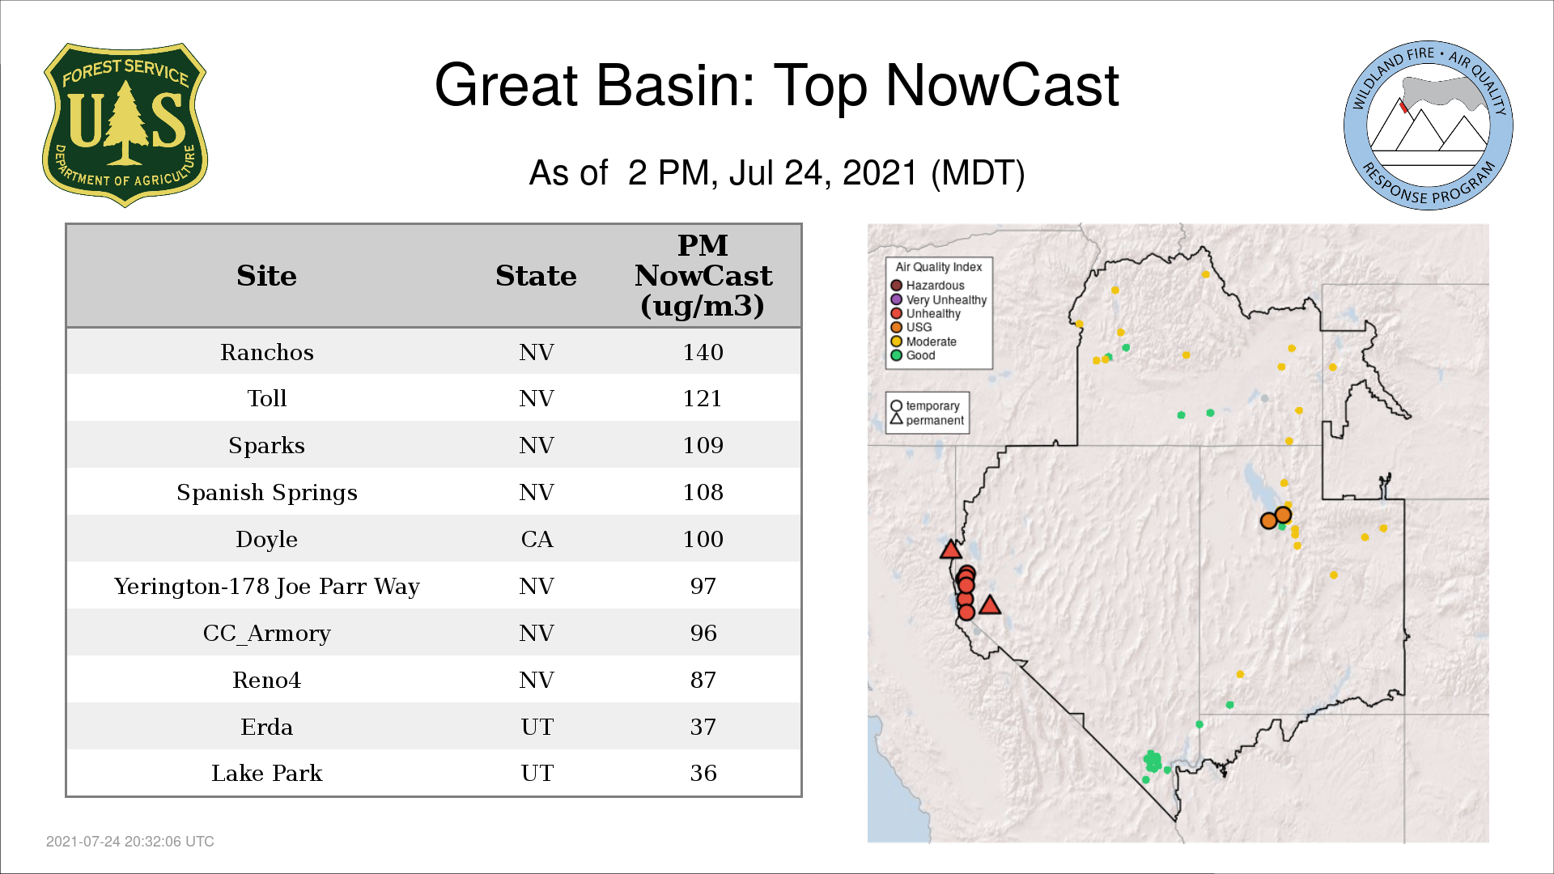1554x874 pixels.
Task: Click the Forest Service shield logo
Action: pyautogui.click(x=125, y=125)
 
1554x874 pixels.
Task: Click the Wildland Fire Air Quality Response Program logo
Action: pyautogui.click(x=1429, y=125)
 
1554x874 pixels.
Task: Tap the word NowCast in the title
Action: pyautogui.click(x=1002, y=85)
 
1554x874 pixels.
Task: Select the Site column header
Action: pyautogui.click(x=266, y=276)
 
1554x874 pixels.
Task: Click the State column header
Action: pyautogui.click(x=536, y=276)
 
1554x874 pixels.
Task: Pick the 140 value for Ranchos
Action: pyautogui.click(x=703, y=352)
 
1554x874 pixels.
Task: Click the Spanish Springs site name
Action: pyautogui.click(x=266, y=493)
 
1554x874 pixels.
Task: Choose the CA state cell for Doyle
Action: pyautogui.click(x=537, y=539)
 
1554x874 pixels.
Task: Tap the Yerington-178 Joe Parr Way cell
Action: pyautogui.click(x=266, y=586)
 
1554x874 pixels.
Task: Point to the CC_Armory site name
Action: pyautogui.click(x=266, y=633)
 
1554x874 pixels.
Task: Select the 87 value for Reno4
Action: pyautogui.click(x=703, y=680)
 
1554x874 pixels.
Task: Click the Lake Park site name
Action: pyautogui.click(x=266, y=773)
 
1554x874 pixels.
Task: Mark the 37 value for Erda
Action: pyautogui.click(x=703, y=727)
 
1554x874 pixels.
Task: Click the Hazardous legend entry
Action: pyautogui.click(x=928, y=286)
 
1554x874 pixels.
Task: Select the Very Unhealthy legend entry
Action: pyautogui.click(x=939, y=299)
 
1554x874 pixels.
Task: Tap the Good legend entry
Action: pyautogui.click(x=913, y=355)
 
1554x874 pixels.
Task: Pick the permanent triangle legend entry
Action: pyautogui.click(x=927, y=420)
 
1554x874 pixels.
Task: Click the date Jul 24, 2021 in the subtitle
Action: pyautogui.click(x=823, y=173)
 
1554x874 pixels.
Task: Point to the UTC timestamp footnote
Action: pyautogui.click(x=130, y=842)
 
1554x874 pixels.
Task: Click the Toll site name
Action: pyautogui.click(x=266, y=398)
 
